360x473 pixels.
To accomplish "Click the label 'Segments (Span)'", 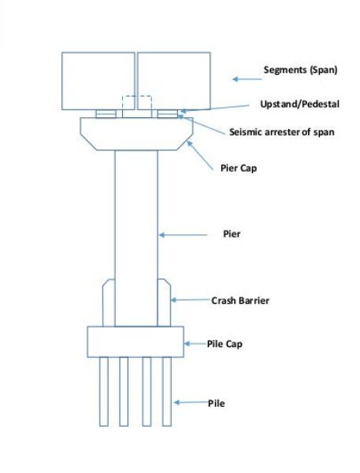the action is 300,70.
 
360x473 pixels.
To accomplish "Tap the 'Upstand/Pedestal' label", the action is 299,104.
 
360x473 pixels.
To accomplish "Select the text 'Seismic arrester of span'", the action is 281,132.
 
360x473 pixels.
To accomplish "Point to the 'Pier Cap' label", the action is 239,168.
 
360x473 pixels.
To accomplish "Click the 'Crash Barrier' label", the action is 240,301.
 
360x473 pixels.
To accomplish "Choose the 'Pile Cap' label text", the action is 225,344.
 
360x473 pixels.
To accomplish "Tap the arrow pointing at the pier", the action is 184,235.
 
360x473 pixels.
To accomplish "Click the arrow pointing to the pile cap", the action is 195,344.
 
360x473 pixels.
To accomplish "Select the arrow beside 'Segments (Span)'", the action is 247,79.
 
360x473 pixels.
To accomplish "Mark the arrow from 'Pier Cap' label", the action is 200,156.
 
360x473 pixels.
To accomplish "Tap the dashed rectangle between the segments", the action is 136,96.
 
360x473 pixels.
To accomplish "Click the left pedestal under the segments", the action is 106,114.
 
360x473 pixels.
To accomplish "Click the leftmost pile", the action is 104,392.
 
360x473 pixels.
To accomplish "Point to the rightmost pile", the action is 167,392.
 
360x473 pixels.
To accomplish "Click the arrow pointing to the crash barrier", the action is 191,300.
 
